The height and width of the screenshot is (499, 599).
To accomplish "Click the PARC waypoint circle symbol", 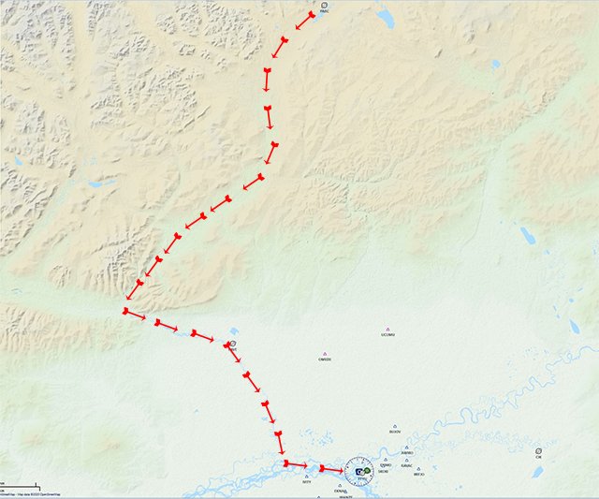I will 324,6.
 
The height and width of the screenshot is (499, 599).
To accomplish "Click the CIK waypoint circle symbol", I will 538,451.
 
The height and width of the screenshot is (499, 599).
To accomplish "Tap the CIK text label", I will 538,458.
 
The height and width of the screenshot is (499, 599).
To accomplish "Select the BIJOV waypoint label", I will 394,433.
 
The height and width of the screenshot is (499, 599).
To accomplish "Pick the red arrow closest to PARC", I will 305,22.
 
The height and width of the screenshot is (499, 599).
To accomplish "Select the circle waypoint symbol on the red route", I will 233,345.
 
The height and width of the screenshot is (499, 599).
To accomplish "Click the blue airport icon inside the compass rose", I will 358,470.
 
